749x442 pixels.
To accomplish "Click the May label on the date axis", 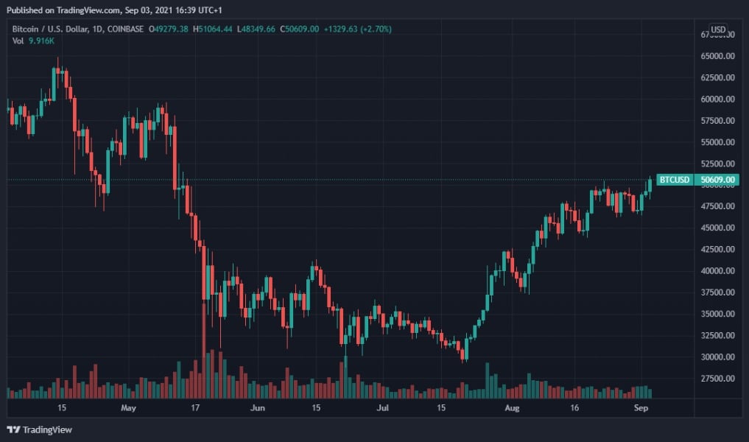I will coord(128,407).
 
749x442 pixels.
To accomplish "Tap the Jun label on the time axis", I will coord(258,407).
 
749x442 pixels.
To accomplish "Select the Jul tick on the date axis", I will coord(382,407).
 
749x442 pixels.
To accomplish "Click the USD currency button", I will coord(718,29).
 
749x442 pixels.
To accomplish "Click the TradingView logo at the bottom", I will coord(40,429).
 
